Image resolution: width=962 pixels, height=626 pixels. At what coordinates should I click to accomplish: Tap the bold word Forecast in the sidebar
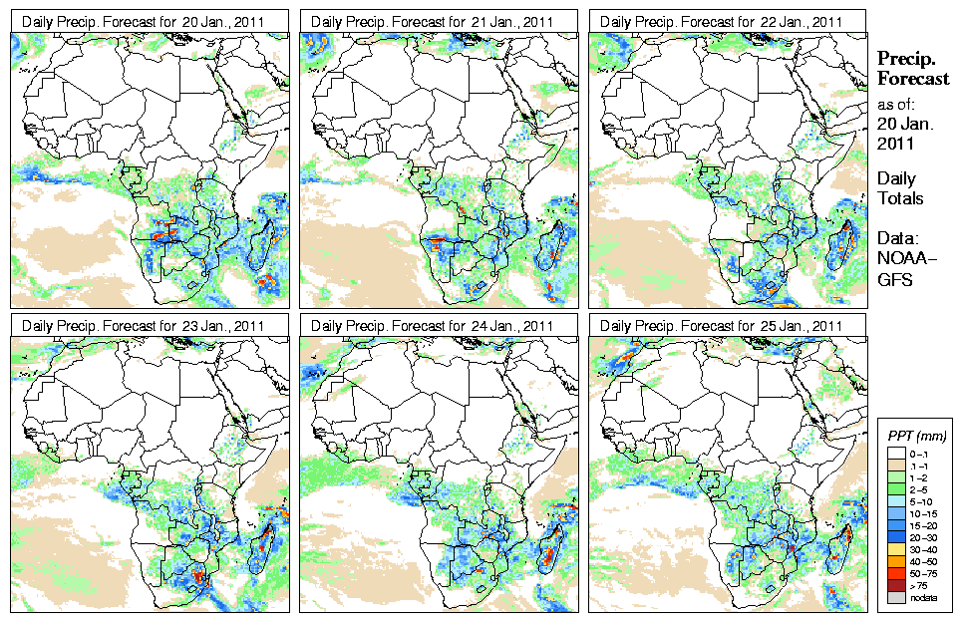(913, 79)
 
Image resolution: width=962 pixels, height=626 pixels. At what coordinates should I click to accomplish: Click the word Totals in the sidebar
(900, 198)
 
